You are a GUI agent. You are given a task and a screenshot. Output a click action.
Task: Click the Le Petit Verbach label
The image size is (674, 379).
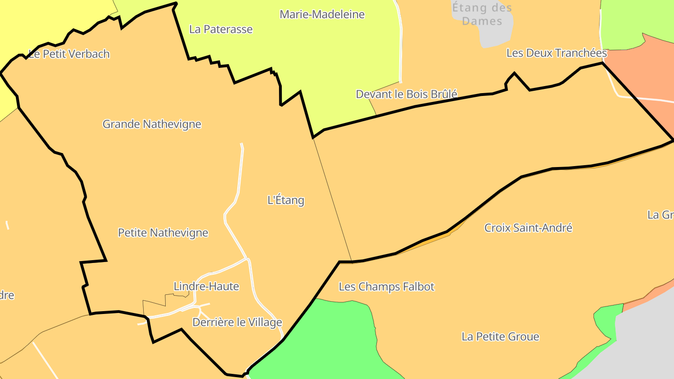69,54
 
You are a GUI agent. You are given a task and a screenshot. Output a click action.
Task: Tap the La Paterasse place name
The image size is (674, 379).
221,29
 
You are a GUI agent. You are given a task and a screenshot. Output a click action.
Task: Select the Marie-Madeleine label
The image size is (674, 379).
322,15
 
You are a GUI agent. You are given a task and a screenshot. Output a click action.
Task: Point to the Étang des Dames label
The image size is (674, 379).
482,14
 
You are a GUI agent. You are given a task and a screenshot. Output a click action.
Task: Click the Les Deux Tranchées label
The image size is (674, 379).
557,53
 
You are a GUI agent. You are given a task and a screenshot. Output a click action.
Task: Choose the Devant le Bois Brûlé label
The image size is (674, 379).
406,94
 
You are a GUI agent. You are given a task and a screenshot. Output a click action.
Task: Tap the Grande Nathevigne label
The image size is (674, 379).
152,124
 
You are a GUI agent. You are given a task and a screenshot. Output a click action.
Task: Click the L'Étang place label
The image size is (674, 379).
286,200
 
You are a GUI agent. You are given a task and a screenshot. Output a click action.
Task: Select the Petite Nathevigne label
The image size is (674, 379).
163,233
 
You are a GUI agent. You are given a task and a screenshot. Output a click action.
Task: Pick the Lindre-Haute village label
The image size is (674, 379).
206,286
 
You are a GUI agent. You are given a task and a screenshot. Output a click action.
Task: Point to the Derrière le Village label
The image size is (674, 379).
237,322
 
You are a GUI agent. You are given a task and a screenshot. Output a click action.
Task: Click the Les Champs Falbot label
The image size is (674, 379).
387,286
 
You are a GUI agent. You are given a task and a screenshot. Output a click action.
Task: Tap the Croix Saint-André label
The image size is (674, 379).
528,228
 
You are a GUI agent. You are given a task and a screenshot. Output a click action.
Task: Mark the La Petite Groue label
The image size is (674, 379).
500,336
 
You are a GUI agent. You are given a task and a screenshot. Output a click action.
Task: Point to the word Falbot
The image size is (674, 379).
418,286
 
